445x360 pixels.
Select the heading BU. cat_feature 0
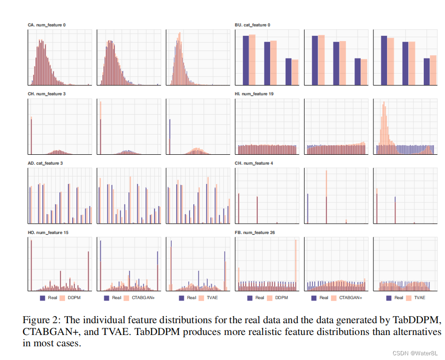252,25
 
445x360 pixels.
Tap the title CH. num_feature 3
47,94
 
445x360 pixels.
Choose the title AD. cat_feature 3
45,163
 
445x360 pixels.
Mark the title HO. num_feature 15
47,233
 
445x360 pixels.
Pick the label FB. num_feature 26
254,233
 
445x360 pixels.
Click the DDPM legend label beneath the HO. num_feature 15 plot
74,298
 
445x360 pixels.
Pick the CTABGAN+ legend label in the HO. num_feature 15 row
143,298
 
